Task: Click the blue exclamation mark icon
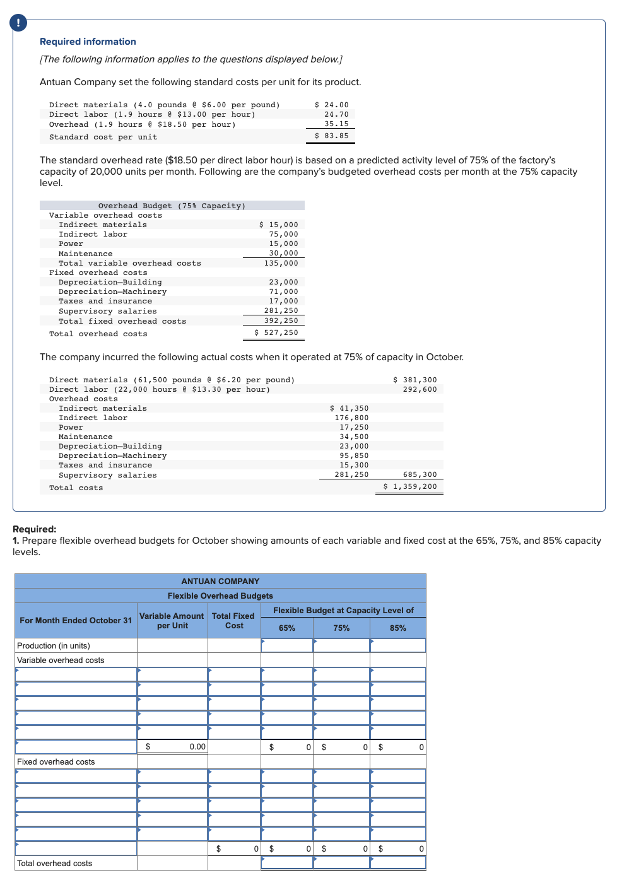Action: pyautogui.click(x=18, y=23)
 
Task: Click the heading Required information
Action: pyautogui.click(x=88, y=42)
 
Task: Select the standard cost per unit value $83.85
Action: pyautogui.click(x=332, y=136)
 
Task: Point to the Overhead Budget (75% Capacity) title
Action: pyautogui.click(x=172, y=206)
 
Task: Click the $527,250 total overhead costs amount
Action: pyautogui.click(x=276, y=332)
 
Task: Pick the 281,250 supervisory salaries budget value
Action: pyautogui.click(x=281, y=310)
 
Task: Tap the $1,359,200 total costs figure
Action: pyautogui.click(x=410, y=486)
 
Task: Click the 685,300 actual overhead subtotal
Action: pyautogui.click(x=420, y=474)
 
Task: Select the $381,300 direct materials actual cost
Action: pyautogui.click(x=414, y=380)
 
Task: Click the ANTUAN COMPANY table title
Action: pyautogui.click(x=220, y=581)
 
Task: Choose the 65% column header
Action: pyautogui.click(x=287, y=628)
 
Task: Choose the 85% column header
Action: pyautogui.click(x=397, y=628)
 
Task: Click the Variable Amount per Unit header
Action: pyautogui.click(x=172, y=621)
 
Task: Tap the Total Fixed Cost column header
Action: pyautogui.click(x=233, y=621)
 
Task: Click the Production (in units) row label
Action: pyautogui.click(x=54, y=645)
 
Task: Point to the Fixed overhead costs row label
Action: pyautogui.click(x=56, y=761)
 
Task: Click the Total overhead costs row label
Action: pyautogui.click(x=55, y=863)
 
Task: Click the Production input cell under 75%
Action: pyautogui.click(x=341, y=645)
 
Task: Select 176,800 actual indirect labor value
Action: pyautogui.click(x=351, y=418)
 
